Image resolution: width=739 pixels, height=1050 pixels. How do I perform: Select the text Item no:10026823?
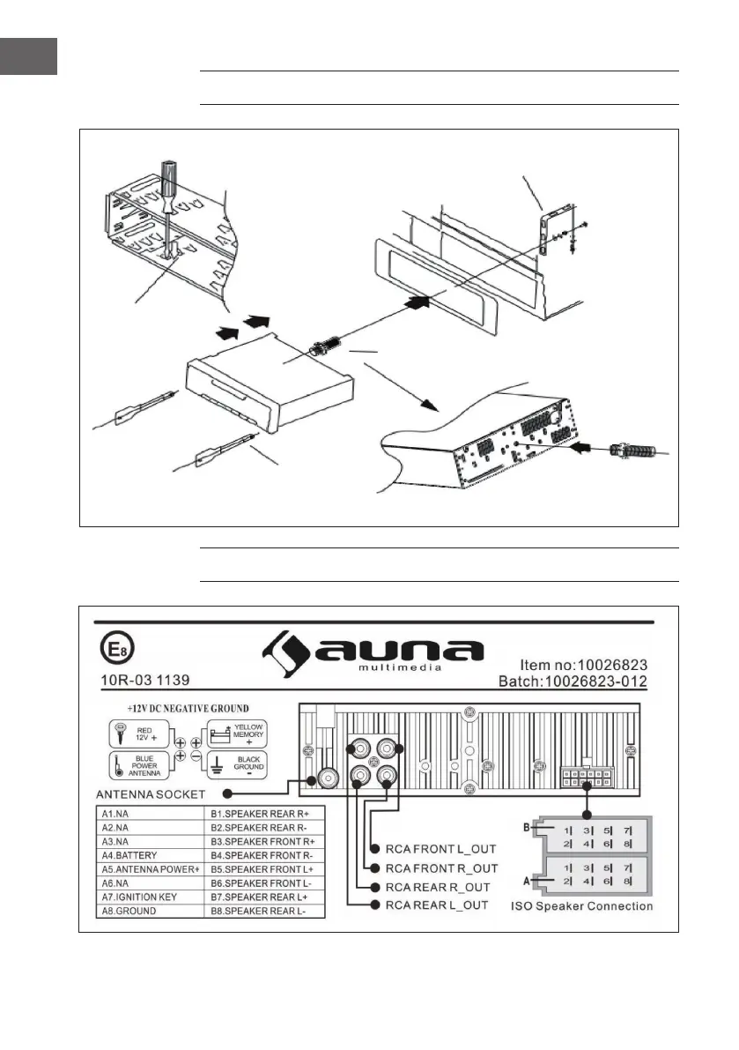tap(583, 665)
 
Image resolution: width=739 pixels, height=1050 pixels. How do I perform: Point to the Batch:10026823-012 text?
tap(573, 681)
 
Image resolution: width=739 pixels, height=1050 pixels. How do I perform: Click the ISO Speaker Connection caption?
tap(582, 906)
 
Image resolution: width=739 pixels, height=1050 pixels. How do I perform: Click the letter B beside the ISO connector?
tap(527, 827)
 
